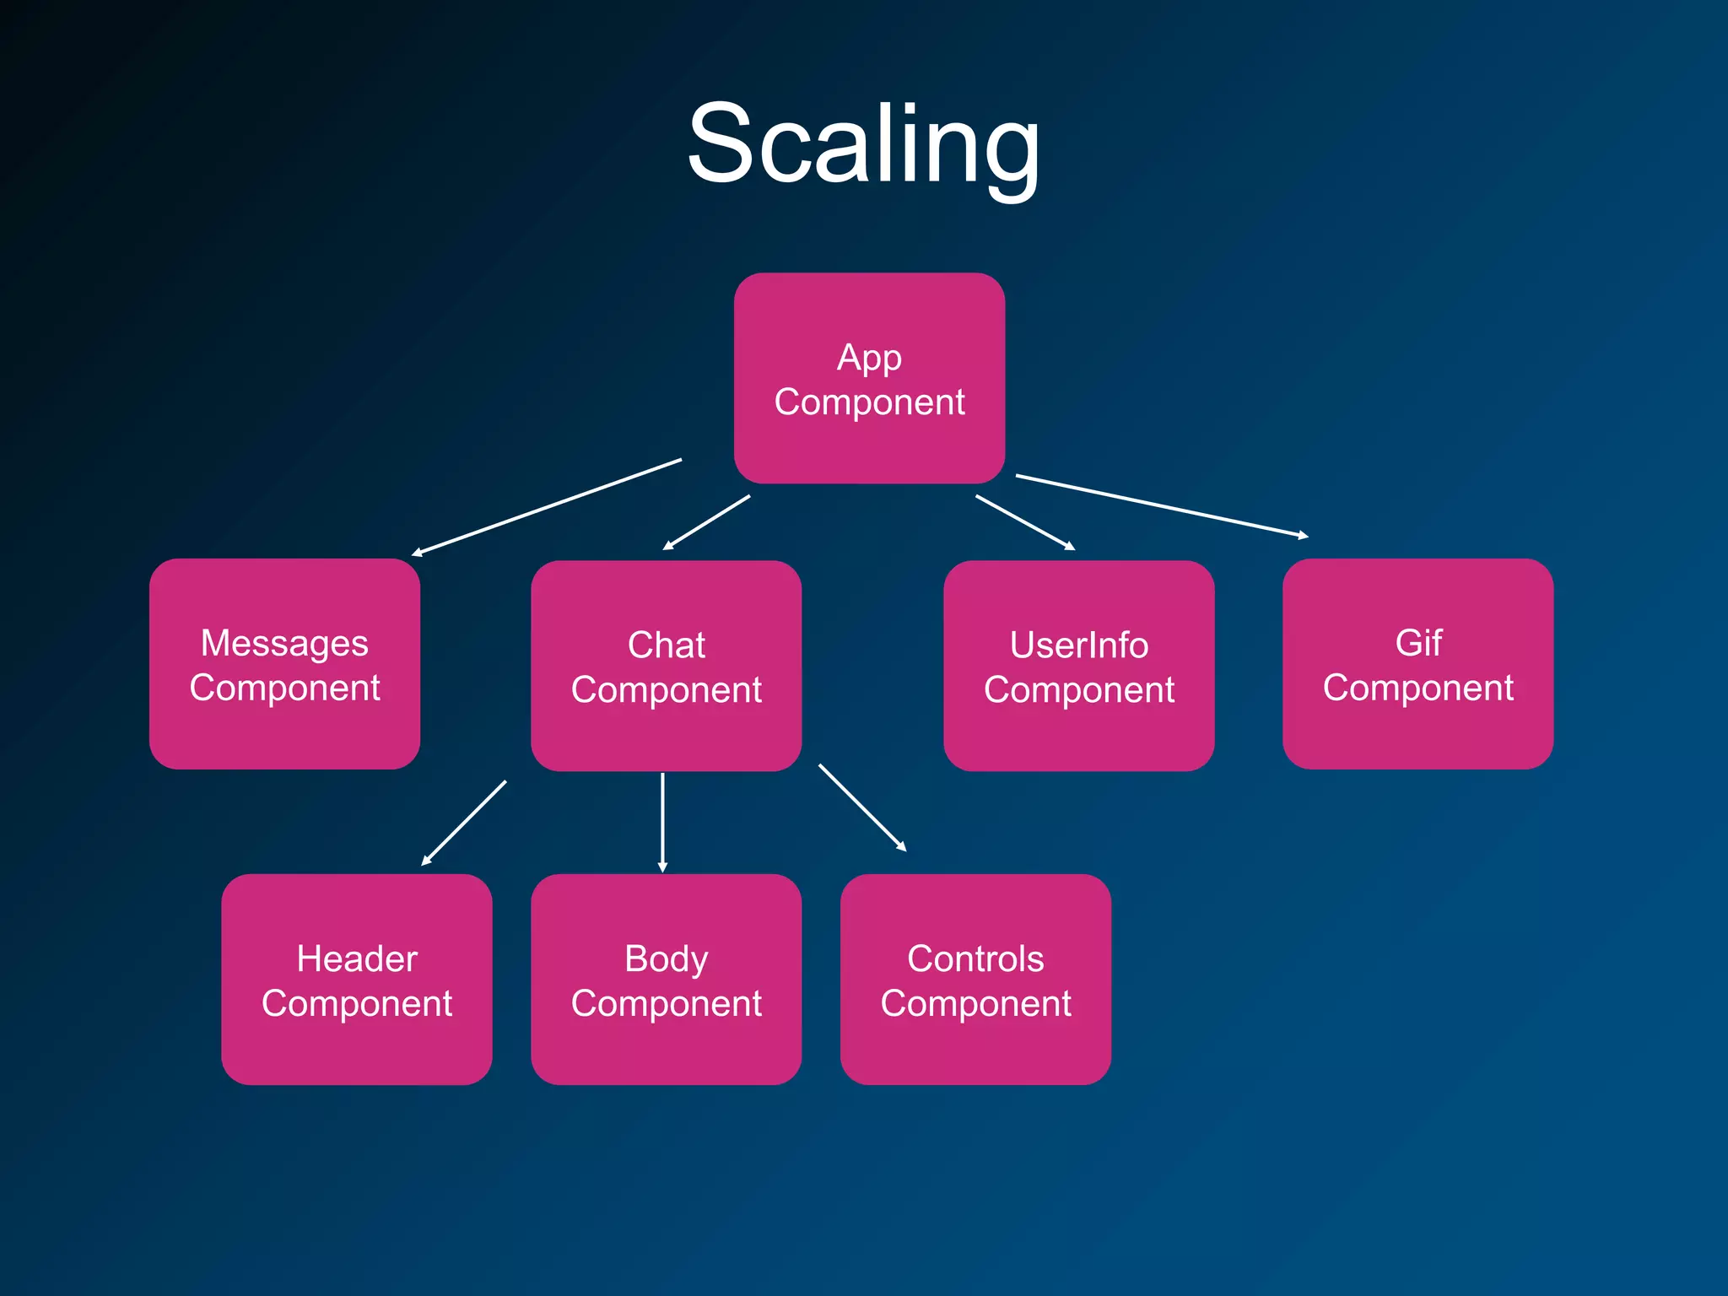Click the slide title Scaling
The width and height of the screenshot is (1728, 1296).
(x=863, y=143)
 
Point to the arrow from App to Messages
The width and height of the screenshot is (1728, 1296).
(x=547, y=507)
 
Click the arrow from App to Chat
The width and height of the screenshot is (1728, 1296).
(x=706, y=522)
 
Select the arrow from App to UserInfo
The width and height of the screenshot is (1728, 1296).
(x=1024, y=522)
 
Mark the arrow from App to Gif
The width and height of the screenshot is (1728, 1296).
(x=1161, y=505)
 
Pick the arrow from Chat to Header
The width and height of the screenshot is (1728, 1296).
(x=464, y=823)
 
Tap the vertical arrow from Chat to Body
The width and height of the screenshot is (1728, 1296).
(x=662, y=822)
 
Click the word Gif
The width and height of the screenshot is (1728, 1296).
(x=1418, y=643)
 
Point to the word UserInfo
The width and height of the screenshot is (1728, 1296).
(x=1078, y=645)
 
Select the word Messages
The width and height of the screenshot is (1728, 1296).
(x=284, y=644)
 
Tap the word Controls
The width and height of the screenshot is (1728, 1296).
(x=975, y=959)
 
